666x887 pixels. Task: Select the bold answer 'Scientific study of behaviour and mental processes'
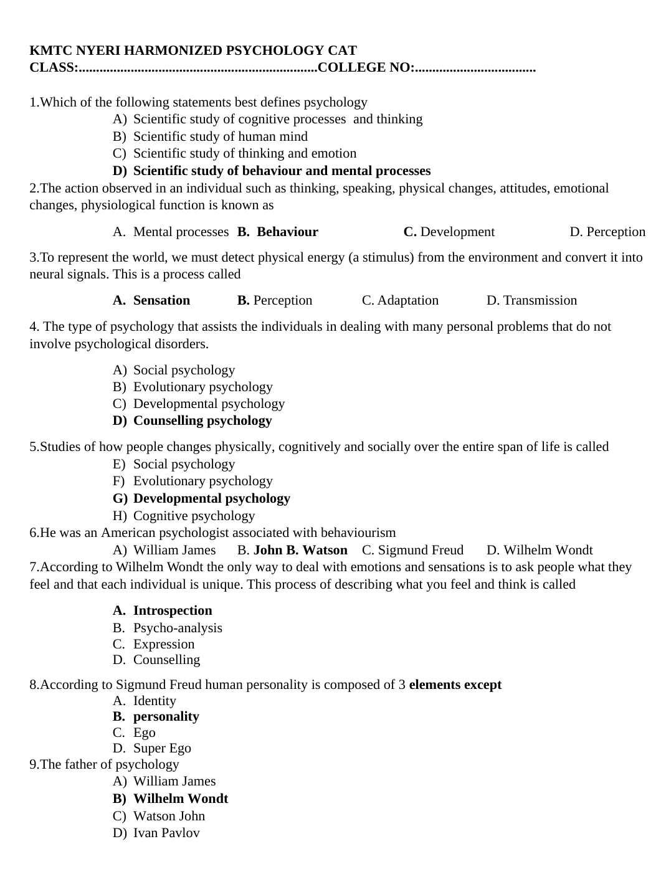click(282, 171)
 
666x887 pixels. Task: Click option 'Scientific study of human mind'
click(220, 136)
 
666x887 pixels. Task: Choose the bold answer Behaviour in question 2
click(287, 232)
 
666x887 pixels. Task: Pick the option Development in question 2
click(457, 232)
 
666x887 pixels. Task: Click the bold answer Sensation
click(161, 300)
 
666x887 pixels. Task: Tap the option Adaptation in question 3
click(407, 300)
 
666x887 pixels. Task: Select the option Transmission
click(540, 300)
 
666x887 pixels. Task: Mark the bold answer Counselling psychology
click(202, 420)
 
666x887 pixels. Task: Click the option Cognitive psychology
click(194, 516)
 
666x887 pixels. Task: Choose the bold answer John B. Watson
click(300, 550)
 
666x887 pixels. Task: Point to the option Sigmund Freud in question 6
click(421, 550)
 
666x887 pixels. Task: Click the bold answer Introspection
click(173, 610)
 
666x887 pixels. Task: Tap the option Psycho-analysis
click(178, 628)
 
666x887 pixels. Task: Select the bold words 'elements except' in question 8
click(455, 685)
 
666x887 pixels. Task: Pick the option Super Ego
click(162, 748)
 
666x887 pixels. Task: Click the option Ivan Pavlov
click(166, 833)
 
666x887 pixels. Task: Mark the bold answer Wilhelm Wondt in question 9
click(181, 799)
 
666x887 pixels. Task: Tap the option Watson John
click(169, 816)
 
